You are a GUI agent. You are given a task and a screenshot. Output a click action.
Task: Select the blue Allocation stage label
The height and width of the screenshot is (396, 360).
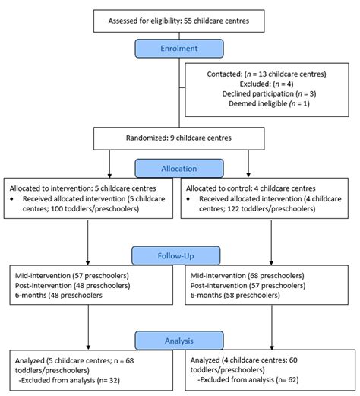click(179, 168)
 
